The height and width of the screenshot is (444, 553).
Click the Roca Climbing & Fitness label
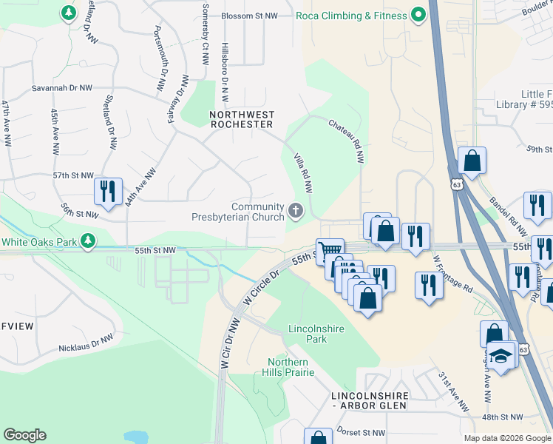click(351, 16)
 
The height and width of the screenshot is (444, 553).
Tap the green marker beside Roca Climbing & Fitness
click(418, 15)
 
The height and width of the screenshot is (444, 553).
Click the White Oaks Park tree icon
click(88, 241)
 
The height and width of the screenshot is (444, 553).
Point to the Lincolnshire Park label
click(307, 334)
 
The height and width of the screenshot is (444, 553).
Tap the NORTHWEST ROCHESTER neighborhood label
click(242, 120)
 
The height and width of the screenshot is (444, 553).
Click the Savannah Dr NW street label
click(61, 88)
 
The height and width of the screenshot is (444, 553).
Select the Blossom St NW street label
click(247, 16)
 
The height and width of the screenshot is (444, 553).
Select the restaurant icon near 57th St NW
click(109, 191)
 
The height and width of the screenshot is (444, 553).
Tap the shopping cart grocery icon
click(329, 251)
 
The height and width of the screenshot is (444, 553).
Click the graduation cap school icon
click(501, 357)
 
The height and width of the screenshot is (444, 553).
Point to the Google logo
click(24, 435)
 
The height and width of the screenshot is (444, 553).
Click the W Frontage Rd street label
click(452, 275)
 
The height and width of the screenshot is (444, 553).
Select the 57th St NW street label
click(73, 176)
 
